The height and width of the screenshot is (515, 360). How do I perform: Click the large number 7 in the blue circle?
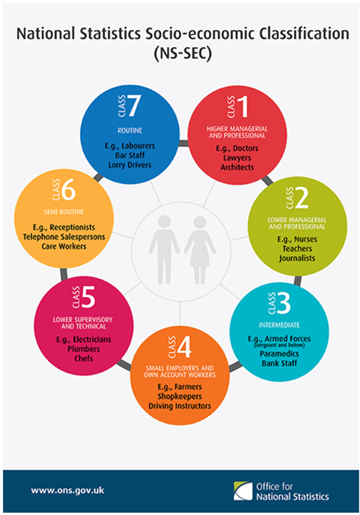134,106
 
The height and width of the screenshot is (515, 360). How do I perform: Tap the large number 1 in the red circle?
243,106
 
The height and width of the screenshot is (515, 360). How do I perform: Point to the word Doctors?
245,148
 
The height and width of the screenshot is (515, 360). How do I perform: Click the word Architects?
237,167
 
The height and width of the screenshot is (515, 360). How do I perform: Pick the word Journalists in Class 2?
297,258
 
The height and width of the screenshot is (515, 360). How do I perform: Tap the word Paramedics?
279,354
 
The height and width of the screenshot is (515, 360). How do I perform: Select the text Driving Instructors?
180,406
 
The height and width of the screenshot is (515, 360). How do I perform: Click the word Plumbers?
83,349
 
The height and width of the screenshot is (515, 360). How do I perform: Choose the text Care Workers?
64,246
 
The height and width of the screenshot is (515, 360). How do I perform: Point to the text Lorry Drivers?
130,165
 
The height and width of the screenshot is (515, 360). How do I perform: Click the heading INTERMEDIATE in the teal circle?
279,325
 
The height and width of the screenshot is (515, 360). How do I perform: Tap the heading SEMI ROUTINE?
64,212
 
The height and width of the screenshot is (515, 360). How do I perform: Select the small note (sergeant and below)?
279,345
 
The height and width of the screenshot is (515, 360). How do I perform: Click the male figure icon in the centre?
164,250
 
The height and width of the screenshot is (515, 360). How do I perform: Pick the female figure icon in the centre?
200,250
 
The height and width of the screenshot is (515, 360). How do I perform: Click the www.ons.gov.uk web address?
68,491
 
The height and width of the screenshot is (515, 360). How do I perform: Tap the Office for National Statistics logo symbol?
243,491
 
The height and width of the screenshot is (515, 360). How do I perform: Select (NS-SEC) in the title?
182,53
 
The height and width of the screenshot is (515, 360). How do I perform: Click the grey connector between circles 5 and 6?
63,274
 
